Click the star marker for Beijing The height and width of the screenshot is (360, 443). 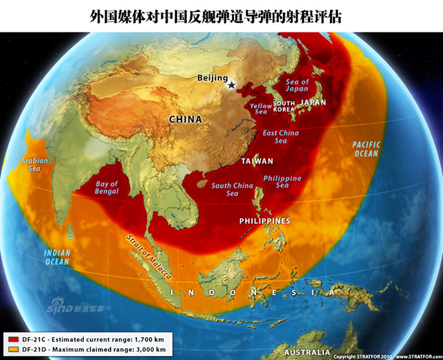(x=232, y=85)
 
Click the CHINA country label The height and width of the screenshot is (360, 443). (x=186, y=119)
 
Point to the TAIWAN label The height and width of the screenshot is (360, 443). (x=257, y=161)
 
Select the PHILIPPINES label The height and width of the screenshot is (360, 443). (x=264, y=220)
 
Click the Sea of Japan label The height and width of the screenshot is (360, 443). (x=298, y=86)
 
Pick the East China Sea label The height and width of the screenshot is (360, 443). (x=280, y=136)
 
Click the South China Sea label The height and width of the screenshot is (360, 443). (x=232, y=189)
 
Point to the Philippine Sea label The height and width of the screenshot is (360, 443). (x=282, y=181)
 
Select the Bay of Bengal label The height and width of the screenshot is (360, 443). (x=106, y=188)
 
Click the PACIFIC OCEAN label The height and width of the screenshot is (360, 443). (x=365, y=149)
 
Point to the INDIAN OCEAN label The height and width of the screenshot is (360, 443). (x=57, y=257)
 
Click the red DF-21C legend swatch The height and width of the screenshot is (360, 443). (x=13, y=338)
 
